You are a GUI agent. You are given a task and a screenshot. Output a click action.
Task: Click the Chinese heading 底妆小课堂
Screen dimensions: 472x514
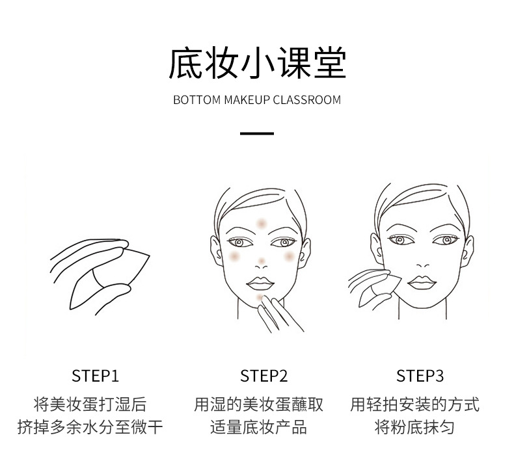coord(257,64)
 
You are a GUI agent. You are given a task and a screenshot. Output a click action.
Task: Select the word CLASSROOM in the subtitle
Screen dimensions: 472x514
coord(306,100)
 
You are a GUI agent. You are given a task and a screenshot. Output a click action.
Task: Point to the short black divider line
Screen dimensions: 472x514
coord(257,134)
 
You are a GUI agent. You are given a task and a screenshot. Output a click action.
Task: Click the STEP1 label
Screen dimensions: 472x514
coord(95,376)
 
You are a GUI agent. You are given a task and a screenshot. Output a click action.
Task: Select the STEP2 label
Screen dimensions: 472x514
coord(264,376)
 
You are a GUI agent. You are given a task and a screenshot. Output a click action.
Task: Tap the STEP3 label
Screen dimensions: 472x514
coord(420,376)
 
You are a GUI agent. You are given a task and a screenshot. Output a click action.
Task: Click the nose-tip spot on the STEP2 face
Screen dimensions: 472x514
coord(262,261)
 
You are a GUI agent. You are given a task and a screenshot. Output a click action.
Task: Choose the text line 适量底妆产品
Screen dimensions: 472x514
coord(258,427)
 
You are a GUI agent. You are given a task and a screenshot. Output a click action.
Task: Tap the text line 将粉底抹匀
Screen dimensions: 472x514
coord(414,427)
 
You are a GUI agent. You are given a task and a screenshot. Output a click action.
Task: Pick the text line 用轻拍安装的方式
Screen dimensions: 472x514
coord(414,404)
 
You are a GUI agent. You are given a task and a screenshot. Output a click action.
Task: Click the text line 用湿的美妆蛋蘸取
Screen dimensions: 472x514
coord(258,404)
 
